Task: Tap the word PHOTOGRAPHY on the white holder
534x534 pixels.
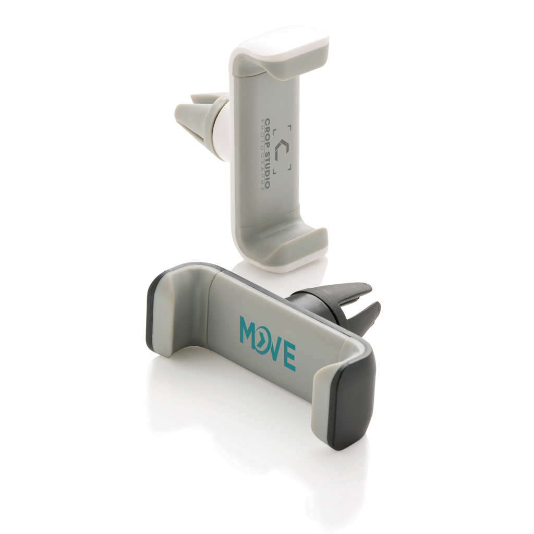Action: (261, 153)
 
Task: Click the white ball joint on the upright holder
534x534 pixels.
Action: (221, 136)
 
